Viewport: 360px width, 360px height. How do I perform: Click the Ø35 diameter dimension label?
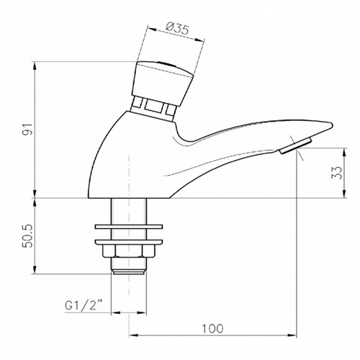177,29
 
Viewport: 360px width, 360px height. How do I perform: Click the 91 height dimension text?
29,130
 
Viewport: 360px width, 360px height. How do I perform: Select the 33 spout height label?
336,173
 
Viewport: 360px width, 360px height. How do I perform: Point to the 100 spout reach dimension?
212,328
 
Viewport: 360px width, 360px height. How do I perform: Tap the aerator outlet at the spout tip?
296,145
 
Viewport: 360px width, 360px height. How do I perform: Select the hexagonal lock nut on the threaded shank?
129,251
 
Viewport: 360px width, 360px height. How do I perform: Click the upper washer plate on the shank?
129,227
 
